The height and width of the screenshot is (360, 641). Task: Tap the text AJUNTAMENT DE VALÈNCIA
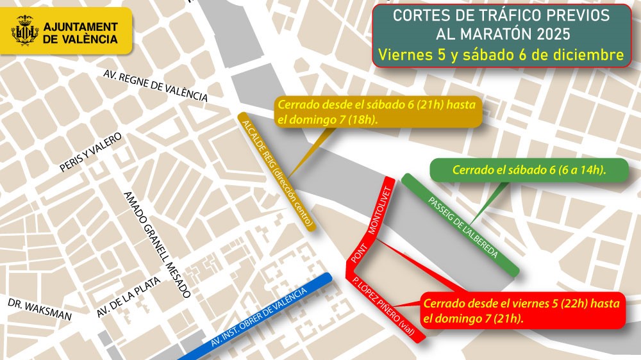click(x=80, y=33)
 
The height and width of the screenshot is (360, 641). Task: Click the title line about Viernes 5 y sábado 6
click(x=501, y=55)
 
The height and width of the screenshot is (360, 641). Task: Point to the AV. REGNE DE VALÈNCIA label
click(x=155, y=85)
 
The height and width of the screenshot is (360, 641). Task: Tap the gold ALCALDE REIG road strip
click(x=276, y=171)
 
